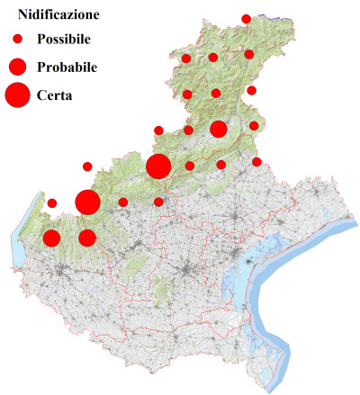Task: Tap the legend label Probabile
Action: tap(67, 67)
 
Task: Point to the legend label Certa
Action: tap(55, 94)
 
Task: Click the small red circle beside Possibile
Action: tap(17, 40)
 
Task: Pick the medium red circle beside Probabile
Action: tap(17, 67)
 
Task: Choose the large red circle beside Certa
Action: tap(17, 94)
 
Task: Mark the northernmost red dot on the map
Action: tap(246, 19)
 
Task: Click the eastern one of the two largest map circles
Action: tap(158, 166)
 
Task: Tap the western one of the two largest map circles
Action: tap(87, 202)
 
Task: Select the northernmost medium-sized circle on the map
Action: tap(218, 129)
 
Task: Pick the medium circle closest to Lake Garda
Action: tap(51, 238)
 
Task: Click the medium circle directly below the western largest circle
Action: tap(87, 238)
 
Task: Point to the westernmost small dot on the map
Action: tap(52, 202)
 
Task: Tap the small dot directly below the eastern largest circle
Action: tap(158, 202)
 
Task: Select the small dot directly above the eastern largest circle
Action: tap(158, 130)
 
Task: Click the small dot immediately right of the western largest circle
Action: tap(122, 202)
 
